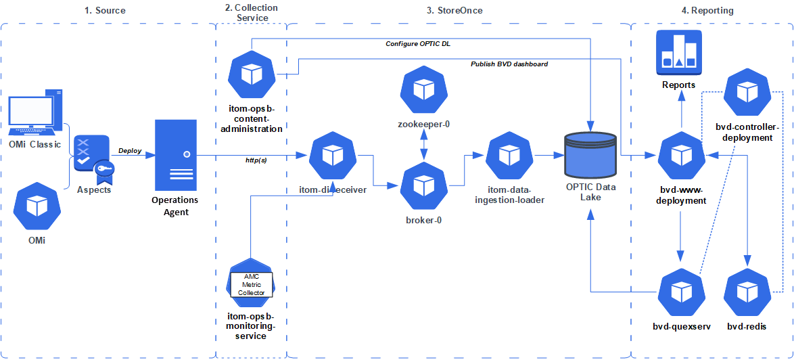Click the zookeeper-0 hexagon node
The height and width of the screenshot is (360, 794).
(423, 91)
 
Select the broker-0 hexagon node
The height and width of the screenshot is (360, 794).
(423, 187)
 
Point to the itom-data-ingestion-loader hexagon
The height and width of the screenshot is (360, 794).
(509, 156)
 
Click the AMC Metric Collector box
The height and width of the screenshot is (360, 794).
(251, 285)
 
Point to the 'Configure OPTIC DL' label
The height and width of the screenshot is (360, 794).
(418, 43)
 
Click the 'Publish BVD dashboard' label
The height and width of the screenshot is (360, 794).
(509, 64)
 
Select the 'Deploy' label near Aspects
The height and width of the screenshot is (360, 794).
(130, 151)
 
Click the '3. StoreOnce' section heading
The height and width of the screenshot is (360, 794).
(454, 11)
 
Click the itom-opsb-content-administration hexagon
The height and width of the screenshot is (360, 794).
(251, 75)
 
